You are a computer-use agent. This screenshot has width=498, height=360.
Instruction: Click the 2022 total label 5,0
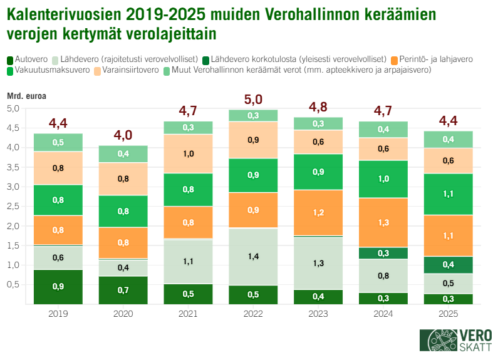[x=253, y=99]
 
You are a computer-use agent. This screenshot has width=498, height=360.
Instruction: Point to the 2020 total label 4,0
[x=123, y=135]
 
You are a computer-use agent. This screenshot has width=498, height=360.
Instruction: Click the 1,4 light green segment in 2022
[x=253, y=257]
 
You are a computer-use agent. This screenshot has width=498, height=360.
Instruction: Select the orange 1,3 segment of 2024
[x=382, y=222]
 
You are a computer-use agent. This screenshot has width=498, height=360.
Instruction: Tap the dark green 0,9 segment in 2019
[x=58, y=286]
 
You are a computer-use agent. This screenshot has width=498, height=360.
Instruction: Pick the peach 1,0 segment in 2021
[x=188, y=153]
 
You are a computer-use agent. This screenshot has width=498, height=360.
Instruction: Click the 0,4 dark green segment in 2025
[x=447, y=265]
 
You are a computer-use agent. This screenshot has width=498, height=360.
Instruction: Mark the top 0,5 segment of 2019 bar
[x=58, y=142]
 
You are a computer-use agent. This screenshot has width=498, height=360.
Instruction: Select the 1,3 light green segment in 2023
[x=318, y=263]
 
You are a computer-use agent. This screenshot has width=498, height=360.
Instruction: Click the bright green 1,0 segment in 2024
[x=382, y=179]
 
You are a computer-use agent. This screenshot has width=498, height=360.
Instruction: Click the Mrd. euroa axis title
[x=26, y=96]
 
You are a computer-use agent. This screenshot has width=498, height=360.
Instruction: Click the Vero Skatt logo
[x=455, y=341]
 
